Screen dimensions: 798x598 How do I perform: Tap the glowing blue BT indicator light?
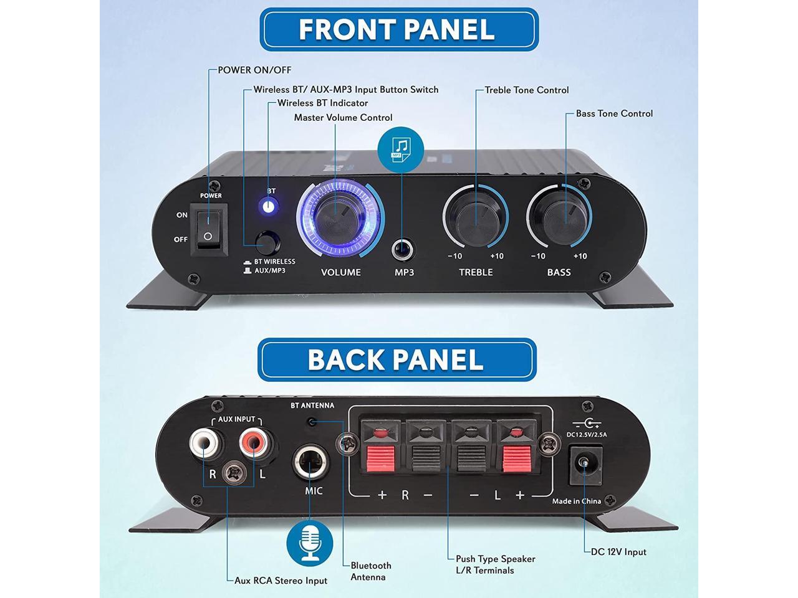coord(269,207)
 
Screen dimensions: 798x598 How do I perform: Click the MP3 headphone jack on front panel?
coord(403,249)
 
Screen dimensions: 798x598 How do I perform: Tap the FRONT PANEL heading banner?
coord(398,29)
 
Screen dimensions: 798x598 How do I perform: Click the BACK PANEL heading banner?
coord(397,360)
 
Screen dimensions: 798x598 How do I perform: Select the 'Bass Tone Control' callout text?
coord(614,113)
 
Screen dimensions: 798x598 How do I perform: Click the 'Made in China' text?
coord(577,501)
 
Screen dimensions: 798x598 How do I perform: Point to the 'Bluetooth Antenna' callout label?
coord(371,571)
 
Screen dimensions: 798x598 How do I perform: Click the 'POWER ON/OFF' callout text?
coord(254,70)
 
